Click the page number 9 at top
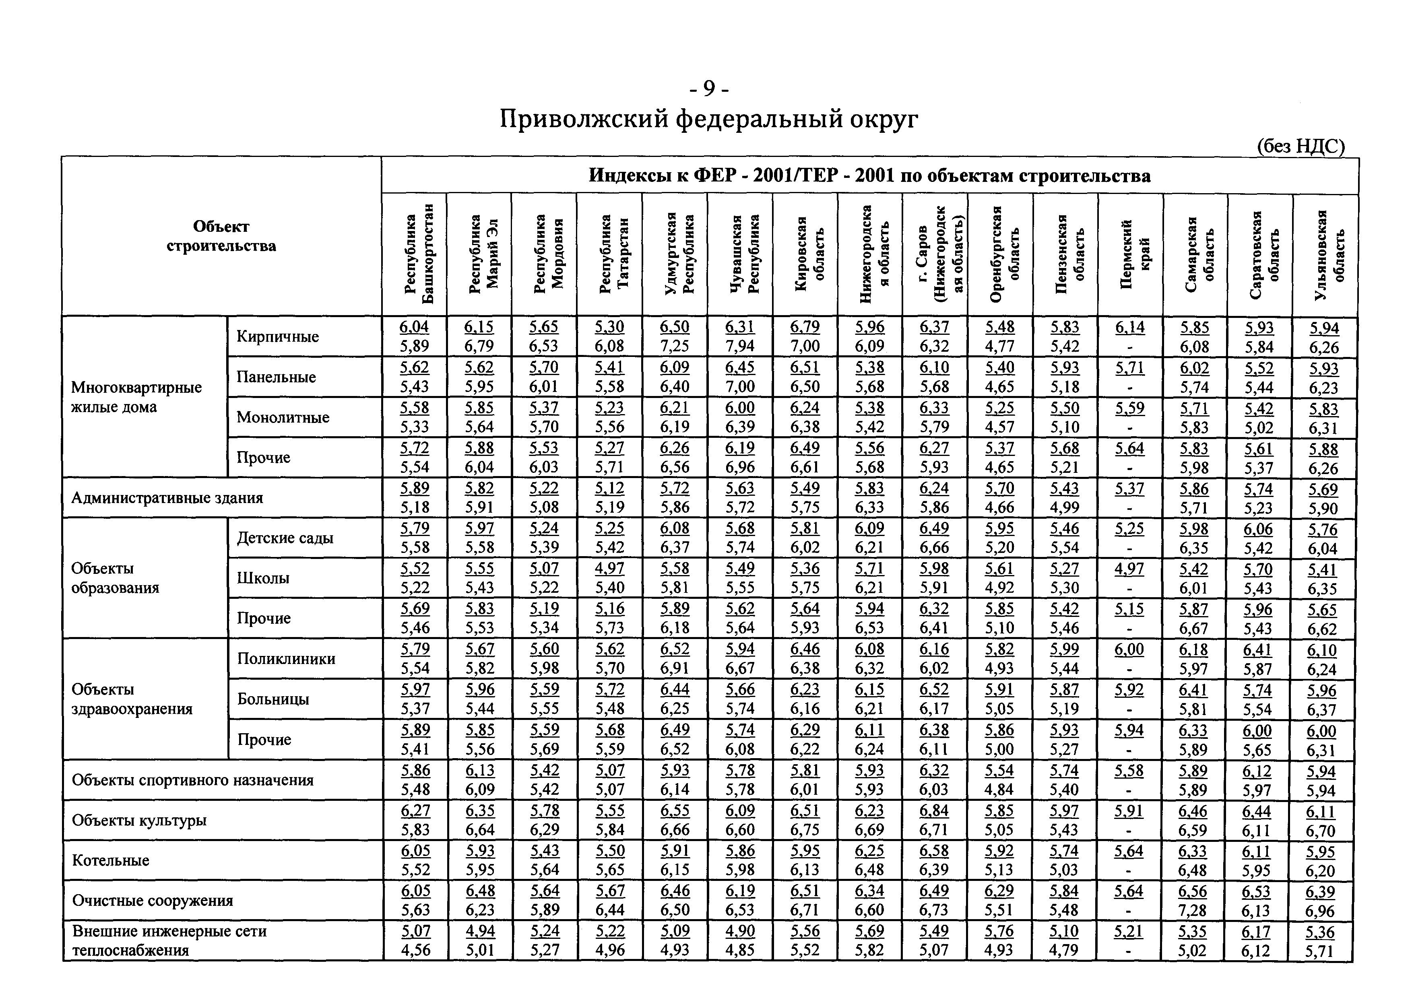coord(708,90)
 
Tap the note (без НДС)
coord(1300,146)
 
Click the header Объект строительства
coord(221,236)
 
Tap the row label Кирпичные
coord(278,336)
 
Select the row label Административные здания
coord(167,497)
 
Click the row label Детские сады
coord(285,538)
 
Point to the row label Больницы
coord(273,699)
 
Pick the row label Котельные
coord(111,860)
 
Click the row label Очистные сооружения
coord(153,901)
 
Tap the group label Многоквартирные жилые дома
coord(136,397)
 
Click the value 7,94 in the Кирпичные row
coord(740,346)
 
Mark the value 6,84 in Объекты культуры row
coord(935,811)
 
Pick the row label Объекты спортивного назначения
coord(192,780)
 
